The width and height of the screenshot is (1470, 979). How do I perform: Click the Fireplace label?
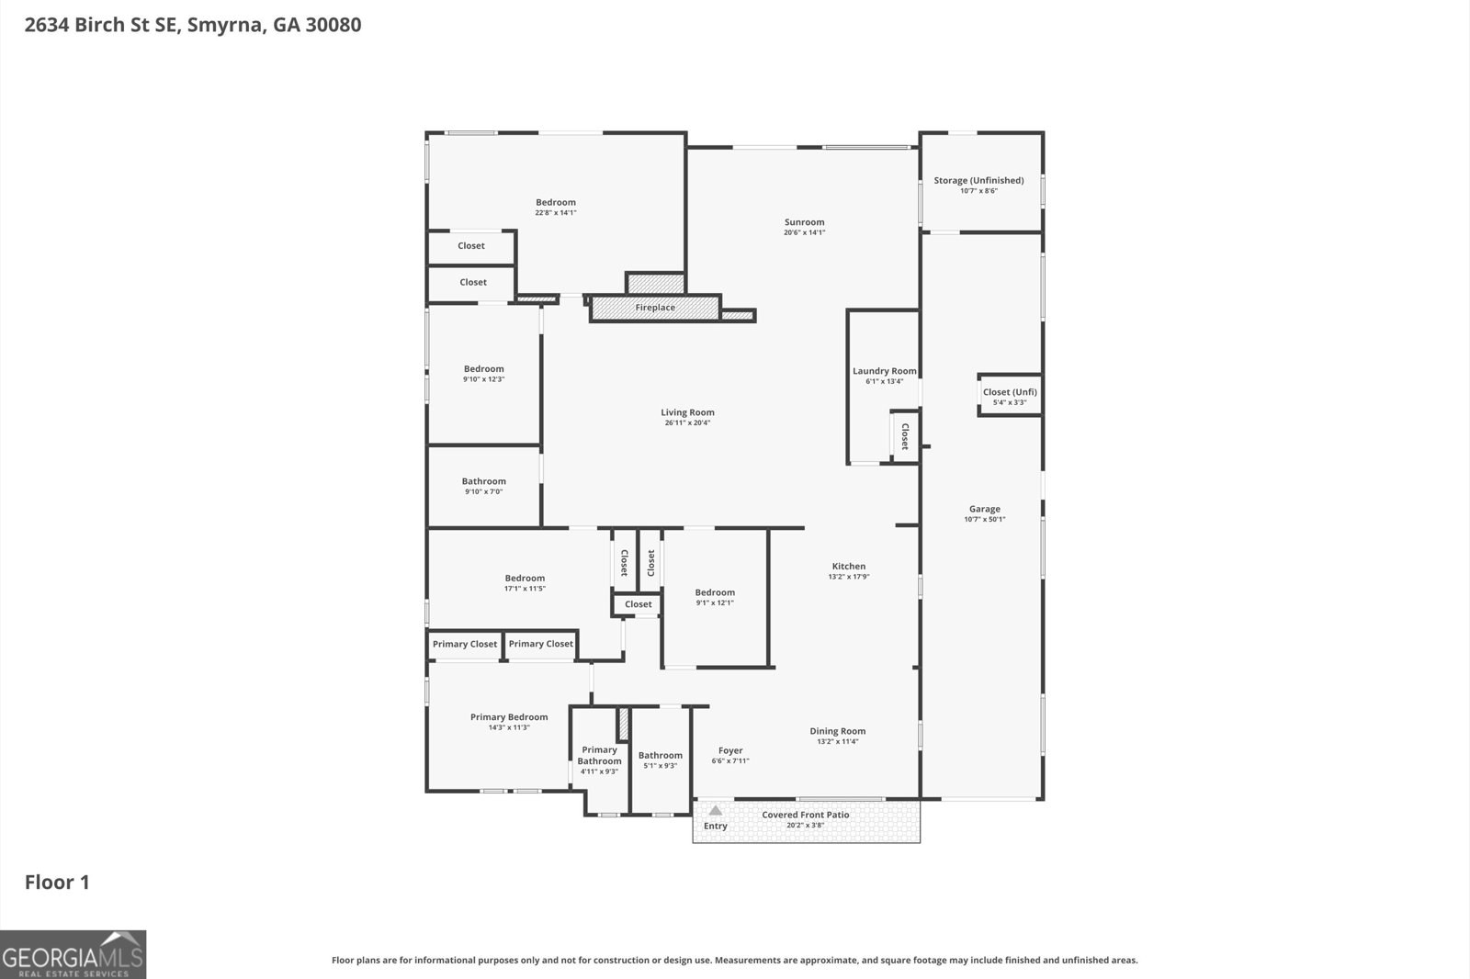(x=655, y=307)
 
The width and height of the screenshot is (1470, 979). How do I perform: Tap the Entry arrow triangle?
(x=716, y=810)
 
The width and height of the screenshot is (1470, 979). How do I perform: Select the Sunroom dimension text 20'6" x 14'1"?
(x=804, y=232)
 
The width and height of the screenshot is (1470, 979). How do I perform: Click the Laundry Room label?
(x=884, y=371)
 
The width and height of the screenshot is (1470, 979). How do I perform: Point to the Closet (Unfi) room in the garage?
(x=1010, y=396)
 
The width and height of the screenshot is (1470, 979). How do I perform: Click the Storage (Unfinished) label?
(x=978, y=180)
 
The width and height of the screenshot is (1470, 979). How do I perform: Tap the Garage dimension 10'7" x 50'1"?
(x=984, y=519)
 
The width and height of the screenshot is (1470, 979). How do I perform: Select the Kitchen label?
(x=849, y=566)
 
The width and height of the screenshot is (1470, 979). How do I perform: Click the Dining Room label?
(x=837, y=731)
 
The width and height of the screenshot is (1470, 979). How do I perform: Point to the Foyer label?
(x=730, y=750)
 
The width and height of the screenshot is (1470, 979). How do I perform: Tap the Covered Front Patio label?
(x=805, y=815)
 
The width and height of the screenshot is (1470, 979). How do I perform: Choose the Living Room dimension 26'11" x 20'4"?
(x=687, y=422)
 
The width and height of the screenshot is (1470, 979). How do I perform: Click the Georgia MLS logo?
(x=73, y=954)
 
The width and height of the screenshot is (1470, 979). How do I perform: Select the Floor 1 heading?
(x=57, y=882)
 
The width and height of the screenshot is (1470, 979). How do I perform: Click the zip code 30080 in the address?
(x=334, y=25)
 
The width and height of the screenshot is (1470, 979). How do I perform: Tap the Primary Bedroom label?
(x=509, y=717)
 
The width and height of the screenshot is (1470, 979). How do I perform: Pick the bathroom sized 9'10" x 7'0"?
(x=483, y=486)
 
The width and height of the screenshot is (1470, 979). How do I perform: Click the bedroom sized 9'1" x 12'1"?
(x=715, y=598)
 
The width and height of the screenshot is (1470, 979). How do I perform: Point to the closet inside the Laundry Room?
(x=904, y=436)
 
